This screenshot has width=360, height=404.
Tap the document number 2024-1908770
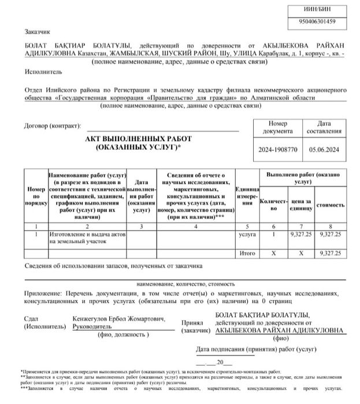[277, 150]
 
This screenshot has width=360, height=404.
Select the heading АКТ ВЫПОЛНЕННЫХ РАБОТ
[138, 139]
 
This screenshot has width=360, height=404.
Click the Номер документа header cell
[277, 128]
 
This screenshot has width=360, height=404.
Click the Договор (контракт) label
[53, 125]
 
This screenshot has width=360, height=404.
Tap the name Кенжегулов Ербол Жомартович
[119, 318]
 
